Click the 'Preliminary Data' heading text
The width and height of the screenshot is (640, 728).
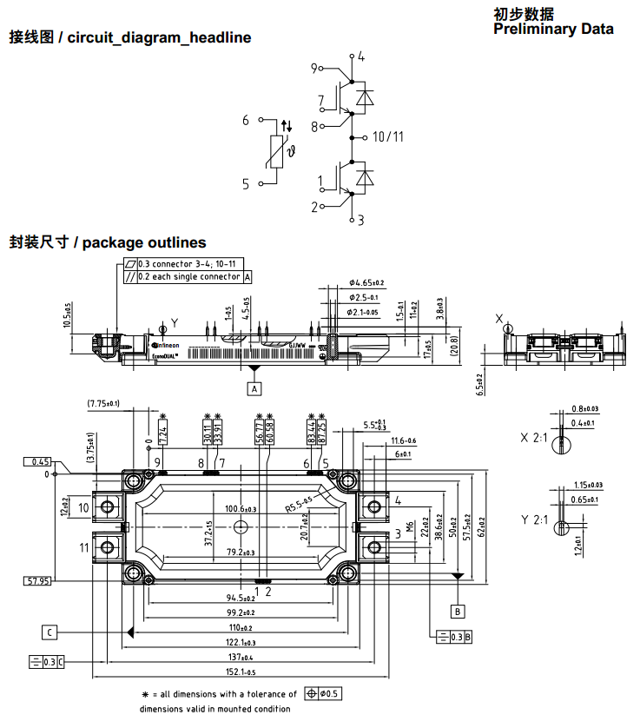[553, 29]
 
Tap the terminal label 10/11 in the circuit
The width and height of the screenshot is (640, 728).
[387, 137]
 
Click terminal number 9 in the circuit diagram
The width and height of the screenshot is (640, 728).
[315, 67]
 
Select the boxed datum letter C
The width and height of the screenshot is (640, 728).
[50, 632]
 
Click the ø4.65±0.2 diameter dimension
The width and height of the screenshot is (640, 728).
[366, 283]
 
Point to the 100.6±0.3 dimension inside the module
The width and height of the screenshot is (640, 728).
[241, 508]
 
